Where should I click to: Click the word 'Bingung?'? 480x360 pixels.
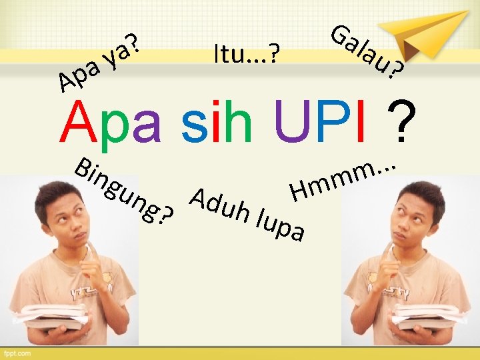coord(124,190)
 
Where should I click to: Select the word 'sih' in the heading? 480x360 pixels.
coord(217,124)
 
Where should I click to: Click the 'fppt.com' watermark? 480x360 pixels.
coord(20,352)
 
